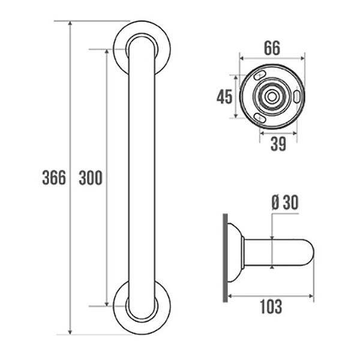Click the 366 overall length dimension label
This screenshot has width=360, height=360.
54,178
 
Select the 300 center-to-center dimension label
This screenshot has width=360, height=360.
91,178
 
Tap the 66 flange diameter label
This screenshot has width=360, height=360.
272,48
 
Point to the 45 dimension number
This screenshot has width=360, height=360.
224,97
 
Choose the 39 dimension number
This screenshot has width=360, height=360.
278,144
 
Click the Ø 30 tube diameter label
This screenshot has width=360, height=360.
285,203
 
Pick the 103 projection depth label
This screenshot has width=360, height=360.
271,307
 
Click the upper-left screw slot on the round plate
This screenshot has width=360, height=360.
260,75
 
